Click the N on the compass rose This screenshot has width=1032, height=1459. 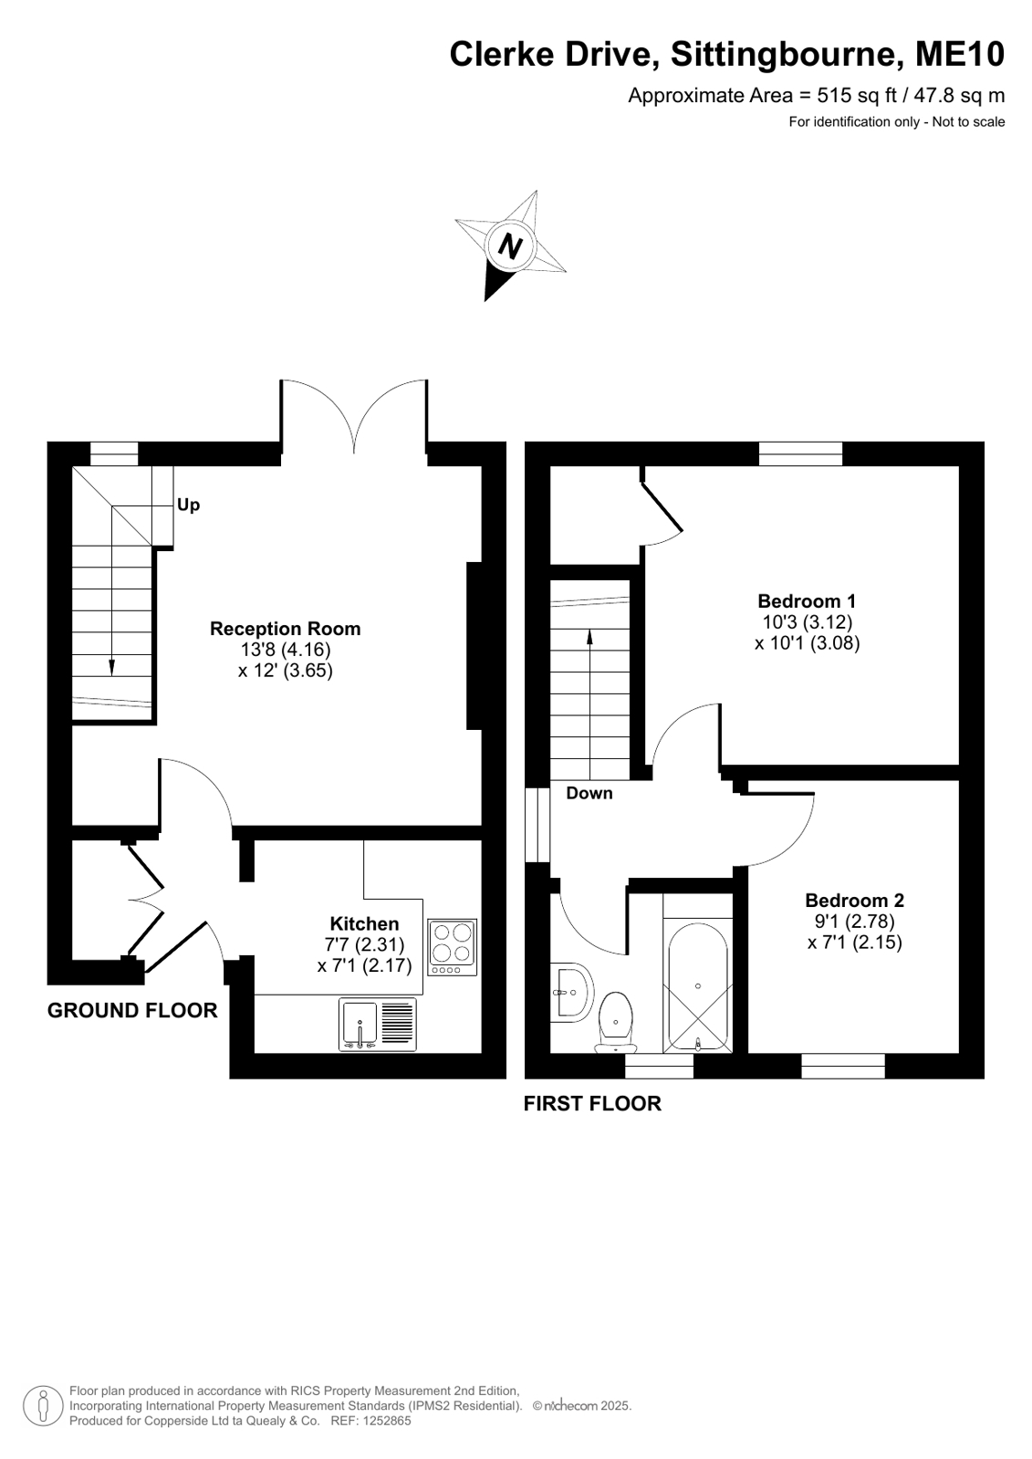[510, 247]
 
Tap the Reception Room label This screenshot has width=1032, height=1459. [285, 629]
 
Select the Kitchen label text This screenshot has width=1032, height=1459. [364, 923]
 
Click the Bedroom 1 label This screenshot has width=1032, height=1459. [807, 600]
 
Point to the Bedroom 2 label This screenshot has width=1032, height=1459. [854, 901]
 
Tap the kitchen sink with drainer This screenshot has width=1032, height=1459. [378, 1025]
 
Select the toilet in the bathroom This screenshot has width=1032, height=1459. [616, 1021]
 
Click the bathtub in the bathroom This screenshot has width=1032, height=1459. [698, 986]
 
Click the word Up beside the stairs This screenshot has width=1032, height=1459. [188, 505]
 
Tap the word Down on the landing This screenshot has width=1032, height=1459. [589, 793]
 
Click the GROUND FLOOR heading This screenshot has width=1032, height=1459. [132, 1010]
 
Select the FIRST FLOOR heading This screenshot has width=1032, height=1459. [592, 1103]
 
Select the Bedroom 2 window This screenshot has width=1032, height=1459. [843, 1066]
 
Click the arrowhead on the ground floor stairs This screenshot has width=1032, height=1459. [111, 668]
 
